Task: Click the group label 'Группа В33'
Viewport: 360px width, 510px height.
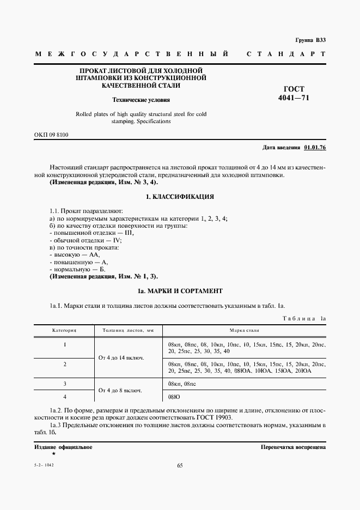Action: point(310,40)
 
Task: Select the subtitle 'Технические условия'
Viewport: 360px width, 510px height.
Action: point(141,100)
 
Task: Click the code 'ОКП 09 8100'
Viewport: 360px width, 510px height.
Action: point(51,134)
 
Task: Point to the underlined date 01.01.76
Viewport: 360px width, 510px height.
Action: point(315,148)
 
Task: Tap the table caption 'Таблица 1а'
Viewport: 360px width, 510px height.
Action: point(304,317)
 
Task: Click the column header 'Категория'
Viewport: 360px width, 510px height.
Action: point(64,330)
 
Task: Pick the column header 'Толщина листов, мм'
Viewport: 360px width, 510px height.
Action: point(125,330)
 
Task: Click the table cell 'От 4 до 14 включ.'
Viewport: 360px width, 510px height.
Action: point(125,357)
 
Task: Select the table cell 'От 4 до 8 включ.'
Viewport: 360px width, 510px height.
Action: point(125,391)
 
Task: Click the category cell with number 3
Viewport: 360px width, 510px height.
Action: point(64,384)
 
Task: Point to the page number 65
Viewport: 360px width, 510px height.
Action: point(180,465)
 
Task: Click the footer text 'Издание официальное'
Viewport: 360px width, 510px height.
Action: point(63,447)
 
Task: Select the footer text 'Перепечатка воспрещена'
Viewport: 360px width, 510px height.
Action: point(294,447)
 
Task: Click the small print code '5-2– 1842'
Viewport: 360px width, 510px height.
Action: point(45,465)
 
